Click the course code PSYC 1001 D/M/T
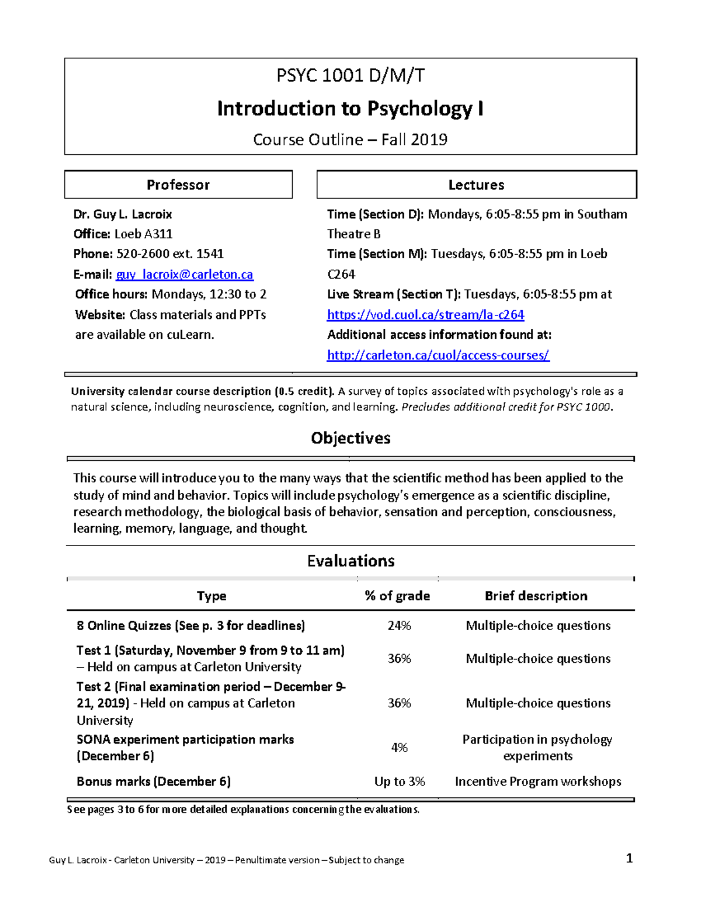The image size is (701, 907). (350, 76)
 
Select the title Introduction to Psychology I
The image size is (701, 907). (350, 109)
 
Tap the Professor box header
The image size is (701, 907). (178, 185)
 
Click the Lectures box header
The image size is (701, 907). (476, 185)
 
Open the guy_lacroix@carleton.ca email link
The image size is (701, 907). (185, 274)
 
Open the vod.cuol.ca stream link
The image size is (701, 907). (425, 315)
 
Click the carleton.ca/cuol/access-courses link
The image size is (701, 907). (438, 355)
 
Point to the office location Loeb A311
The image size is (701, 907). (143, 234)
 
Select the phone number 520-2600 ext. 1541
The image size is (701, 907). (170, 254)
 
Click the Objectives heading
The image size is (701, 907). (350, 438)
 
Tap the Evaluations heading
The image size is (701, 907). (350, 561)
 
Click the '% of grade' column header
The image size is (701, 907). (397, 596)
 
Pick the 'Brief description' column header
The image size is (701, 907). (536, 596)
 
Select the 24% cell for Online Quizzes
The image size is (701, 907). (399, 625)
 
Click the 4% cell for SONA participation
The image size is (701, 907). (399, 748)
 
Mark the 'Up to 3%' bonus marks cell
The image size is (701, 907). (400, 781)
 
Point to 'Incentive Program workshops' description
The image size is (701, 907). (537, 781)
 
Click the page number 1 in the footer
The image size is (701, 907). (629, 858)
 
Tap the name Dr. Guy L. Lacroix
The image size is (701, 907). (123, 214)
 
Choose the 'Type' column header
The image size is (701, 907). (211, 596)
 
